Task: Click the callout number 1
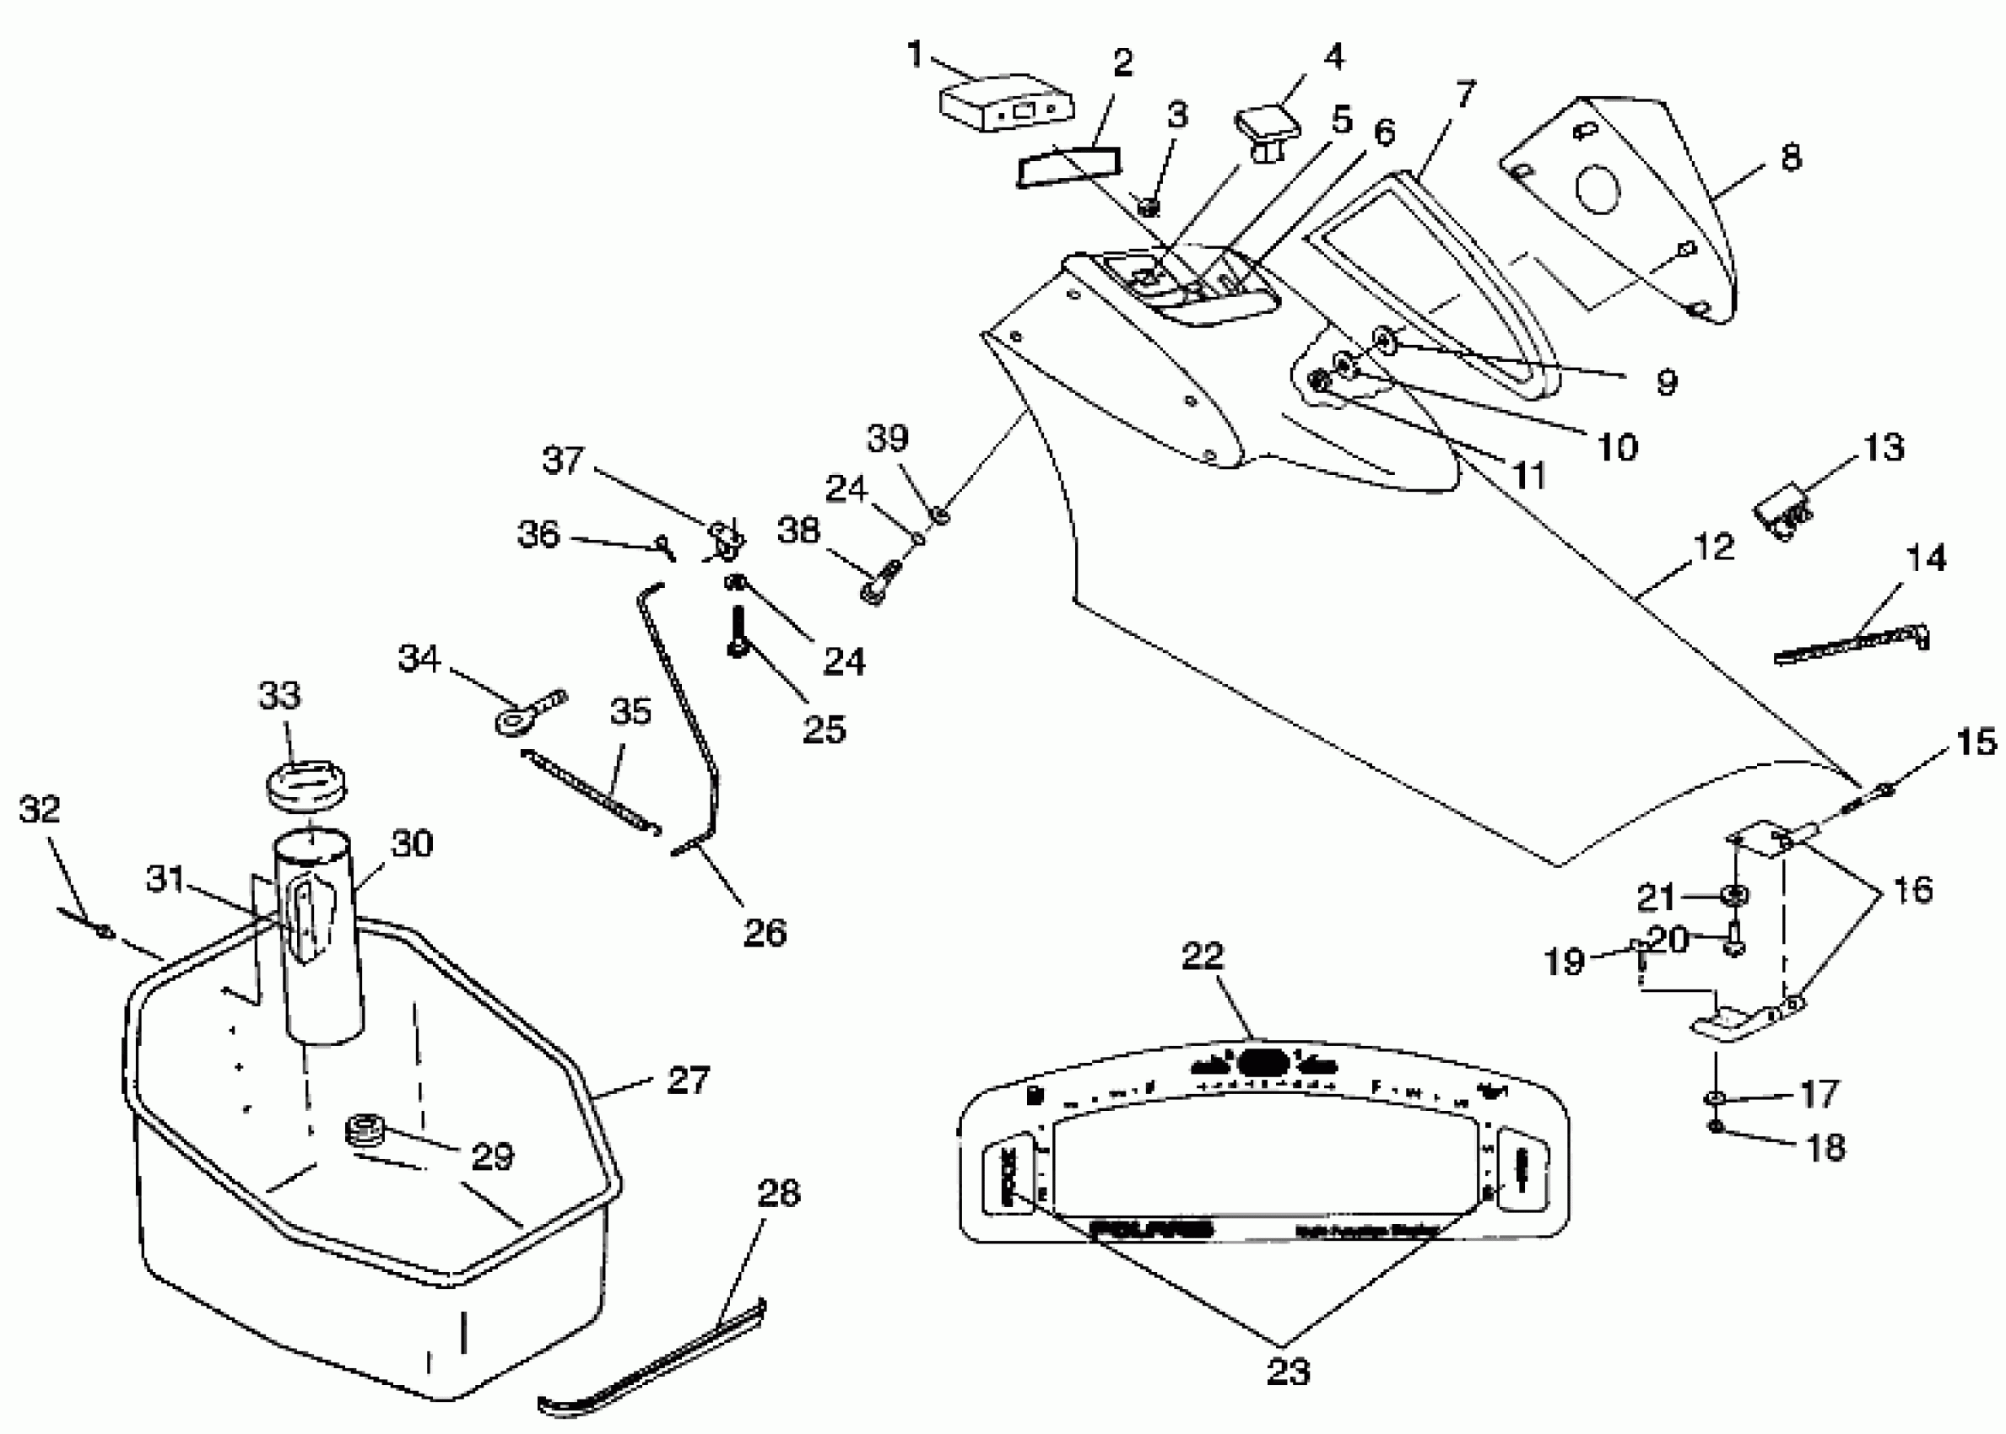point(914,55)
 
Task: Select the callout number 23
point(1288,1371)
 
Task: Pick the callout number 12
point(1714,547)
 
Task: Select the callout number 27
point(688,1080)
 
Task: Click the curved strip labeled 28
point(654,1360)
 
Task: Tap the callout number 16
point(1912,889)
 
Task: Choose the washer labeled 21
point(1734,895)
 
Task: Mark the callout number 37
point(563,460)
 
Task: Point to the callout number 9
point(1666,382)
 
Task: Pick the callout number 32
point(40,809)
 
